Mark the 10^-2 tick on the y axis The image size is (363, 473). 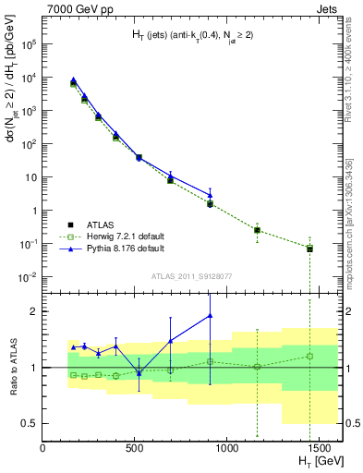coord(29,277)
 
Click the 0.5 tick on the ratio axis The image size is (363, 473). coord(29,423)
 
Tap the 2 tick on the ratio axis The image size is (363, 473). coord(33,311)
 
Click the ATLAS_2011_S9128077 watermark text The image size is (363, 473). coord(191,274)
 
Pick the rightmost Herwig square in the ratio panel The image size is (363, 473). coord(309,356)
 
